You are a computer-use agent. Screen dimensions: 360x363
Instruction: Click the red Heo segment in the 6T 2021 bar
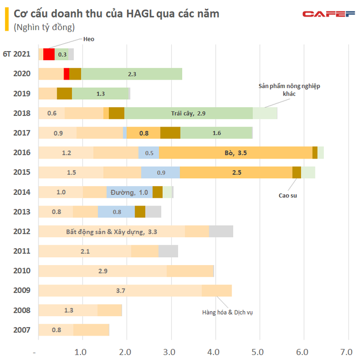point(49,55)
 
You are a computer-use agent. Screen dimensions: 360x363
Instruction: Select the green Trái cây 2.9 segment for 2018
point(188,114)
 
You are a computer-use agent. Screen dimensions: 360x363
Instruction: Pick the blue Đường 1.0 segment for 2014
point(129,192)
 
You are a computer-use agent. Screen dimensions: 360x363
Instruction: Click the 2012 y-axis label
point(22,232)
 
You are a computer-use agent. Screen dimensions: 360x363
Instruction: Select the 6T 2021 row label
point(19,55)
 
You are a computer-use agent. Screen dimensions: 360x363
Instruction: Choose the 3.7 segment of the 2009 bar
point(120,291)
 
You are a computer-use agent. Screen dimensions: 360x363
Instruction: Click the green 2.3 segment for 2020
point(132,74)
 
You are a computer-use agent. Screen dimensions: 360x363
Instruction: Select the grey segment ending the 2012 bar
point(221,232)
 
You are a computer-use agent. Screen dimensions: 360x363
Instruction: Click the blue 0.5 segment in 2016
point(149,153)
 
